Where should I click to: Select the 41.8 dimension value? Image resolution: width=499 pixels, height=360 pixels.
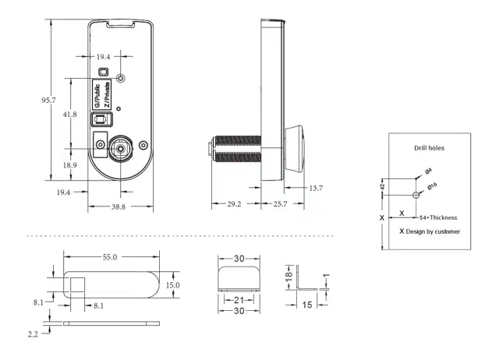70,115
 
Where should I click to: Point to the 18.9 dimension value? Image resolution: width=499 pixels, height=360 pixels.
70,165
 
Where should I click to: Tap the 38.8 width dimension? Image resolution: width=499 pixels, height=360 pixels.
118,206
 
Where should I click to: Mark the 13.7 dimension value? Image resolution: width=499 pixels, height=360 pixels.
315,188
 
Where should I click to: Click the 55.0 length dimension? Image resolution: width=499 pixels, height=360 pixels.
109,256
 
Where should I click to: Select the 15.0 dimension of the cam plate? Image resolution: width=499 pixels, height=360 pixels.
172,285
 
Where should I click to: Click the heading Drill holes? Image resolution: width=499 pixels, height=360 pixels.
429,147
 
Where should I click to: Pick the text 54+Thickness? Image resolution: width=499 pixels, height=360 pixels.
438,217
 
